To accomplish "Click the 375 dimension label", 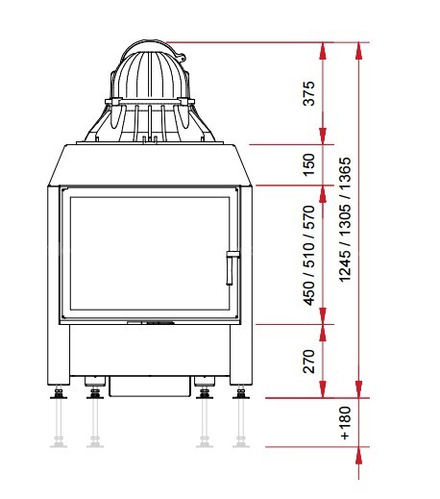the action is click(309, 93).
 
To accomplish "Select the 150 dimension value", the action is click(309, 164).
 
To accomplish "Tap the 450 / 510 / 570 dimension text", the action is click(309, 256).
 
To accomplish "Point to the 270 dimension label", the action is click(309, 362).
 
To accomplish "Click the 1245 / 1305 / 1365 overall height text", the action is click(345, 219).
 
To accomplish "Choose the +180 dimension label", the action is click(345, 423).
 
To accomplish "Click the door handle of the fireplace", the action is click(232, 268).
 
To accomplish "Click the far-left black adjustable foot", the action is click(59, 392).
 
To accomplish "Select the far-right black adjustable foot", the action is click(241, 392).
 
